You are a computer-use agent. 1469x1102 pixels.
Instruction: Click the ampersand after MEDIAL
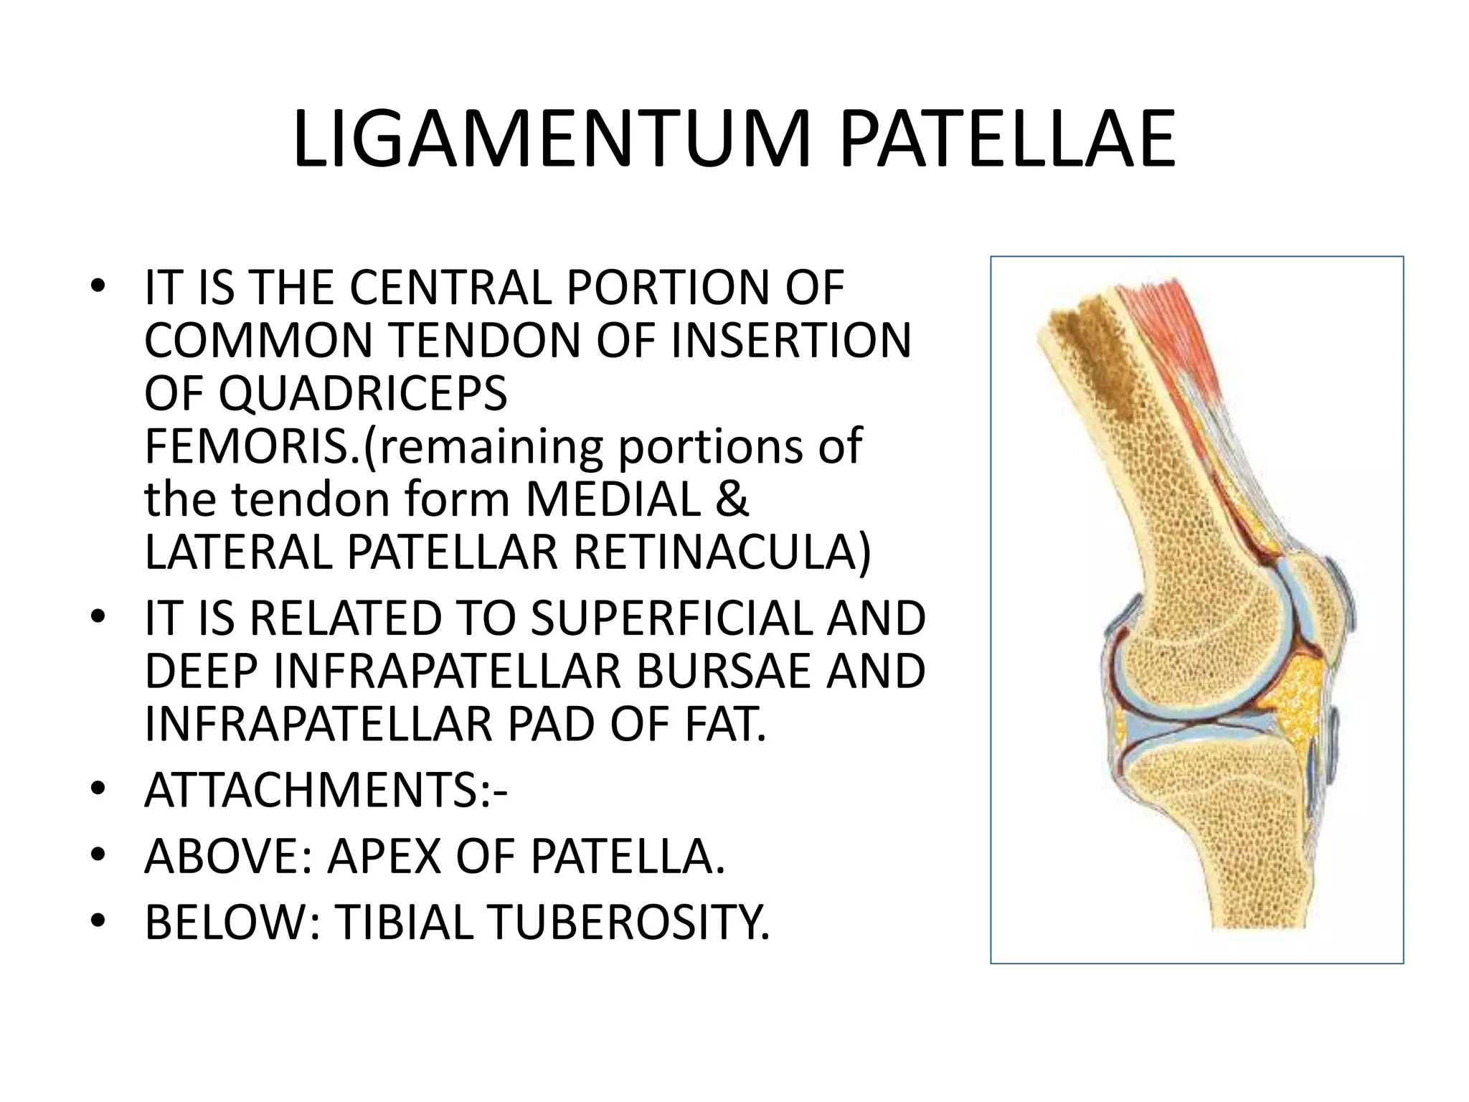pos(732,500)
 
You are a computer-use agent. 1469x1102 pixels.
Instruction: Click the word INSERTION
pos(790,341)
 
